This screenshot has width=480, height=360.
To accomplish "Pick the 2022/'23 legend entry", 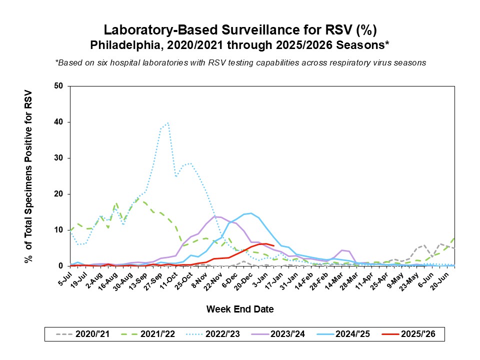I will [x=224, y=334].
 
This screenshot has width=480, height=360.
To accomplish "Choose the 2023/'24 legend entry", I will [x=291, y=334].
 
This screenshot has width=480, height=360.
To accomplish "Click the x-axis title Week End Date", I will [x=240, y=309].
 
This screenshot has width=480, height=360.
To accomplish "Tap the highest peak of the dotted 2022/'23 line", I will [x=168, y=122].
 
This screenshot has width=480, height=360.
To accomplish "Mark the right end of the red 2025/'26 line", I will [x=273, y=245].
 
